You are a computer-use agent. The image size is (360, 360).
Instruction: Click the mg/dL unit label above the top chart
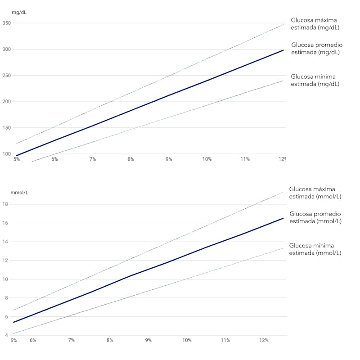click(19, 12)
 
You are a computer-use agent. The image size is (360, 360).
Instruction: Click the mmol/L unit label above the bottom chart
click(20, 192)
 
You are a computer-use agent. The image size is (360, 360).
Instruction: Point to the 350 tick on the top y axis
click(7, 23)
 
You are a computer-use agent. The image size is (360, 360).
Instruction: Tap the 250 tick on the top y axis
click(7, 75)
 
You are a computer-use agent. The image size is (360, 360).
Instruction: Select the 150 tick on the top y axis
click(7, 128)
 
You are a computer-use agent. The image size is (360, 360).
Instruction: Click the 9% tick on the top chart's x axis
click(169, 159)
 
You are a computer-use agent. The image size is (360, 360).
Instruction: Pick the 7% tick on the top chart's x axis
click(93, 159)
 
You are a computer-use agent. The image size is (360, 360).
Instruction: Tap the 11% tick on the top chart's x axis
click(245, 159)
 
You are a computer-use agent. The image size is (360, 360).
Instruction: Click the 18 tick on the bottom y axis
click(5, 204)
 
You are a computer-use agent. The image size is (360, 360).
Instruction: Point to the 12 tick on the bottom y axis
click(5, 260)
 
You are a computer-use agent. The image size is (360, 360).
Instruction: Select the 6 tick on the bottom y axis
click(5, 316)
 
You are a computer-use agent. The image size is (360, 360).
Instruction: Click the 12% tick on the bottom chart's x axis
click(264, 340)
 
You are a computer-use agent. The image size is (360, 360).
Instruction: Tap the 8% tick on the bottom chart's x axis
click(110, 340)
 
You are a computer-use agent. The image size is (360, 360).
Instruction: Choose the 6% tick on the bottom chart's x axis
click(33, 340)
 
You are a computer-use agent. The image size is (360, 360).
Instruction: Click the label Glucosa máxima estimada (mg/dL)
click(315, 24)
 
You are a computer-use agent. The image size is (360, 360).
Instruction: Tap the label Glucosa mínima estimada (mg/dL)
click(315, 80)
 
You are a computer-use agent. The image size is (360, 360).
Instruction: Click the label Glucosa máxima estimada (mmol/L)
click(315, 193)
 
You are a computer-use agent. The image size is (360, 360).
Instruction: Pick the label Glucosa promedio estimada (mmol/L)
click(315, 217)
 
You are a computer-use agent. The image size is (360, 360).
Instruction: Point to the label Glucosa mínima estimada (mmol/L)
click(315, 249)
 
